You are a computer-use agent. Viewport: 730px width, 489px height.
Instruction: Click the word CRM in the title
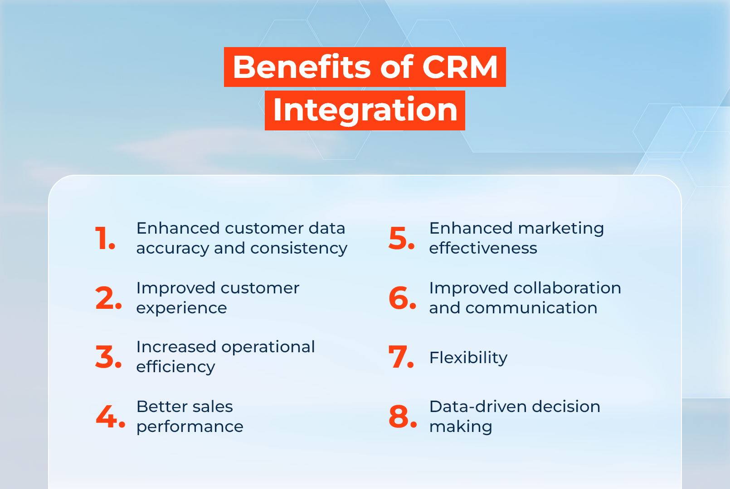460,67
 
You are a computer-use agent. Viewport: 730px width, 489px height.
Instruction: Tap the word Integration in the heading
365,110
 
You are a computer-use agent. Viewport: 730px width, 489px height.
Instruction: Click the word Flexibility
468,358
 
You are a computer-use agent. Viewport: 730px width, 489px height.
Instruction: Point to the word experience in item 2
181,308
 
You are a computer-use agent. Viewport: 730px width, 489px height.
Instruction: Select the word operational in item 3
268,347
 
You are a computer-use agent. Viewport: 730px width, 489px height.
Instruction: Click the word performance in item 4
190,427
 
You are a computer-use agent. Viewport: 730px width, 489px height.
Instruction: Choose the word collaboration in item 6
567,288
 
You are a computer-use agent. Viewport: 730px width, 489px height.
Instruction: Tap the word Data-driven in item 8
478,407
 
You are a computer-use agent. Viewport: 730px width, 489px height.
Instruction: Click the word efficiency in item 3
175,367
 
